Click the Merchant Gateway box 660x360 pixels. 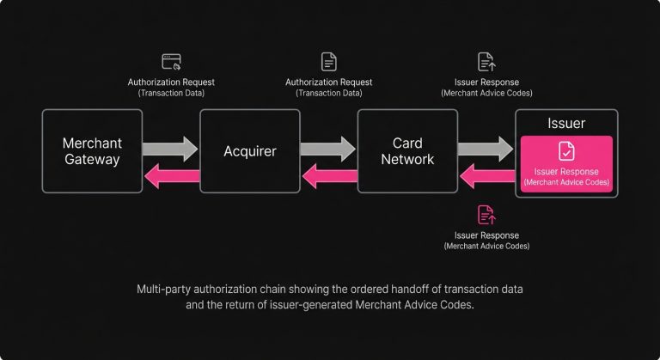pyautogui.click(x=93, y=151)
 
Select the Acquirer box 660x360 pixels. pyautogui.click(x=250, y=151)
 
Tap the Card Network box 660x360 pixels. pyautogui.click(x=407, y=151)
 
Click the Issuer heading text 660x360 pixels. pyautogui.click(x=566, y=123)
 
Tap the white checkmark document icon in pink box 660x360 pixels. pyautogui.click(x=566, y=151)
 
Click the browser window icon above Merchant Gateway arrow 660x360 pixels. pyautogui.click(x=171, y=62)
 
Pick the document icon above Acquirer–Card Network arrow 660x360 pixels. pyautogui.click(x=328, y=62)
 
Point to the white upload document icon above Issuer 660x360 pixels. pyautogui.click(x=486, y=62)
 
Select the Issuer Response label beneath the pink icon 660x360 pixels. pyautogui.click(x=486, y=235)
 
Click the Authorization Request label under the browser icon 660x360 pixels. pyautogui.click(x=171, y=82)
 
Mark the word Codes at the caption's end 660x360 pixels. pyautogui.click(x=455, y=307)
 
